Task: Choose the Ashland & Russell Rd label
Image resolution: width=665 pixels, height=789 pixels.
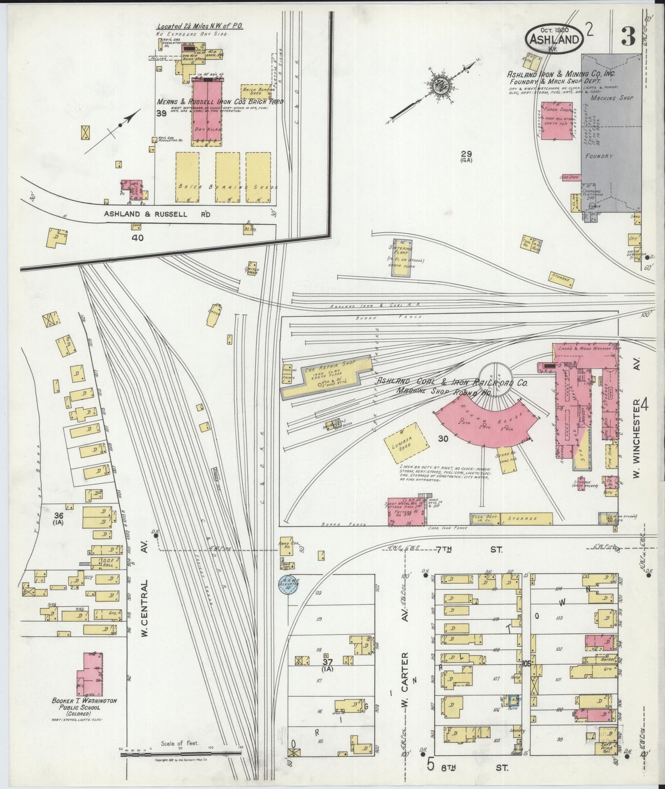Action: coord(145,214)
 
